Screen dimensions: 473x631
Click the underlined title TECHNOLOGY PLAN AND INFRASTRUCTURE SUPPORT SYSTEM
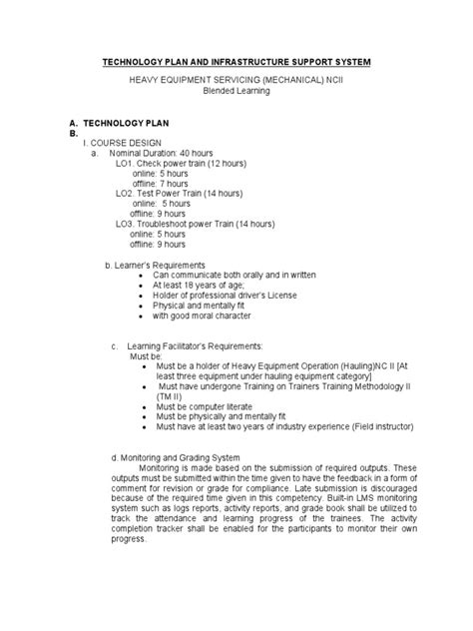(236, 62)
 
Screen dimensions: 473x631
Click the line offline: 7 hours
(161, 183)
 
